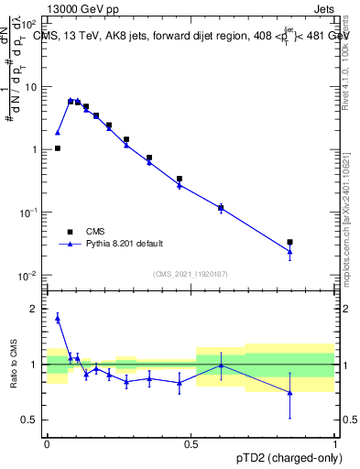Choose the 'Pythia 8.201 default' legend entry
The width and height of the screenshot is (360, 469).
point(123,244)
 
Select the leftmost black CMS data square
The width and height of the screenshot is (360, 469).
point(58,147)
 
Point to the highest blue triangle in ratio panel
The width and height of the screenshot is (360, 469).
point(58,318)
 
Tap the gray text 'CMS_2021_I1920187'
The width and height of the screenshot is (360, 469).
point(190,273)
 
